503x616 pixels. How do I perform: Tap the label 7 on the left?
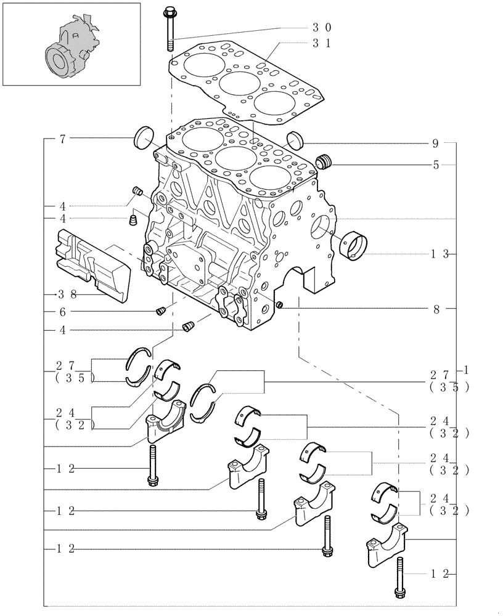[x=63, y=140]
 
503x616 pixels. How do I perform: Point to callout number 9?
[x=435, y=144]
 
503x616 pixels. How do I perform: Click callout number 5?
[x=435, y=165]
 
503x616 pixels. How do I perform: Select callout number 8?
[x=436, y=309]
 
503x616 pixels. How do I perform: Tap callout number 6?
[x=63, y=312]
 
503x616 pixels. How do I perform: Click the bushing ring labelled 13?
[x=354, y=245]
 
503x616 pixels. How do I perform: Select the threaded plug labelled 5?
[x=324, y=162]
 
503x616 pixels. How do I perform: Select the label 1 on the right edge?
[x=467, y=370]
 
